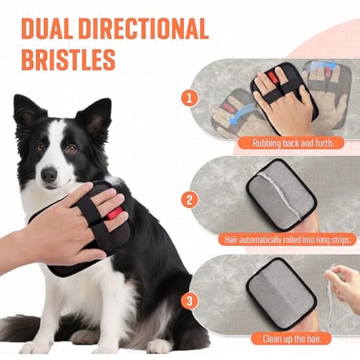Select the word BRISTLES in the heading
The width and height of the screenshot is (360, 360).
pyautogui.click(x=68, y=58)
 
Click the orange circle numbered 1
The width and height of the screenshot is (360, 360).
pyautogui.click(x=189, y=99)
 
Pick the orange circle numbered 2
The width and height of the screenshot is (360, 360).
pyautogui.click(x=189, y=199)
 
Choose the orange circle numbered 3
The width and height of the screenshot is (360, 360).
pyautogui.click(x=189, y=301)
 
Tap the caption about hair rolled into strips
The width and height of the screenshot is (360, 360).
pyautogui.click(x=291, y=240)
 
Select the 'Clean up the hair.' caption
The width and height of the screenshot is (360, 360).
pyautogui.click(x=291, y=338)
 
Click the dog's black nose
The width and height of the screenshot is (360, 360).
pyautogui.click(x=49, y=175)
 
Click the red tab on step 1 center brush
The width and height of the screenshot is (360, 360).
pyautogui.click(x=273, y=78)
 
